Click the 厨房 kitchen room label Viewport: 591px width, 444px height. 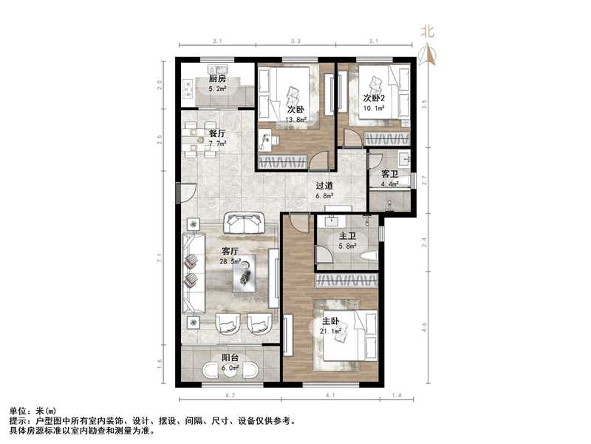[x=216, y=78]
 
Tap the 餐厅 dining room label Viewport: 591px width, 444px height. [x=216, y=134]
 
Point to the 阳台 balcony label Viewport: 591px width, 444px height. [x=230, y=357]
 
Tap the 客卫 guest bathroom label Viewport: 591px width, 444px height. [x=389, y=174]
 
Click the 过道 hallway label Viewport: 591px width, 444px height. [x=325, y=186]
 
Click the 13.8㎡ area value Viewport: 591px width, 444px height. [x=296, y=119]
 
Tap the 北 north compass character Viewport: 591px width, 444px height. [x=427, y=31]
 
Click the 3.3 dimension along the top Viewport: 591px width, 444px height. [x=295, y=41]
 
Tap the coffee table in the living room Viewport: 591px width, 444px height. [x=245, y=272]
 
